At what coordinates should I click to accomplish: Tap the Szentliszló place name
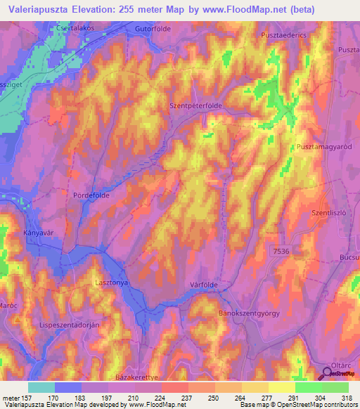330,212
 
